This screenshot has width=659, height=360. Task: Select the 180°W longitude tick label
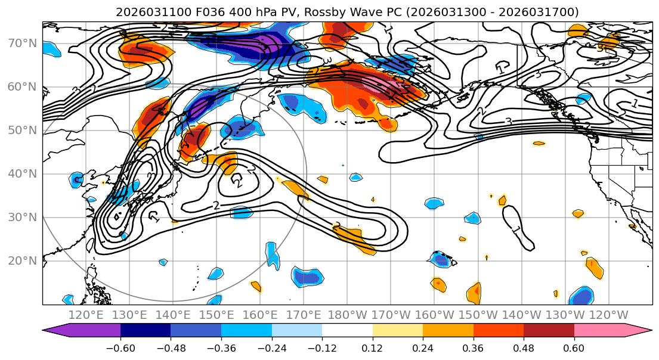coord(347,315)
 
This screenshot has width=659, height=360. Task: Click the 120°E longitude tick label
coord(85,315)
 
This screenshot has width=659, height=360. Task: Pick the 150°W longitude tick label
coord(478,315)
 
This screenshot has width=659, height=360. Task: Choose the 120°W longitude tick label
coord(609,315)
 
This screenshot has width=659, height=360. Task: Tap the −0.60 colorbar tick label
coord(120,347)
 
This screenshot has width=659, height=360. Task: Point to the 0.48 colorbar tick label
coord(524,347)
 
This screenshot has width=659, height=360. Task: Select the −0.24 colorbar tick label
coord(271,347)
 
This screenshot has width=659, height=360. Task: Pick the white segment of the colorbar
coord(347,330)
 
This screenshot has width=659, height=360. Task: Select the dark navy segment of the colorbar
coord(146,330)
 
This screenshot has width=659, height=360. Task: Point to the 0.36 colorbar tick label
coord(474,347)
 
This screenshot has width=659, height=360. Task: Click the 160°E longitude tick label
coord(260,315)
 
